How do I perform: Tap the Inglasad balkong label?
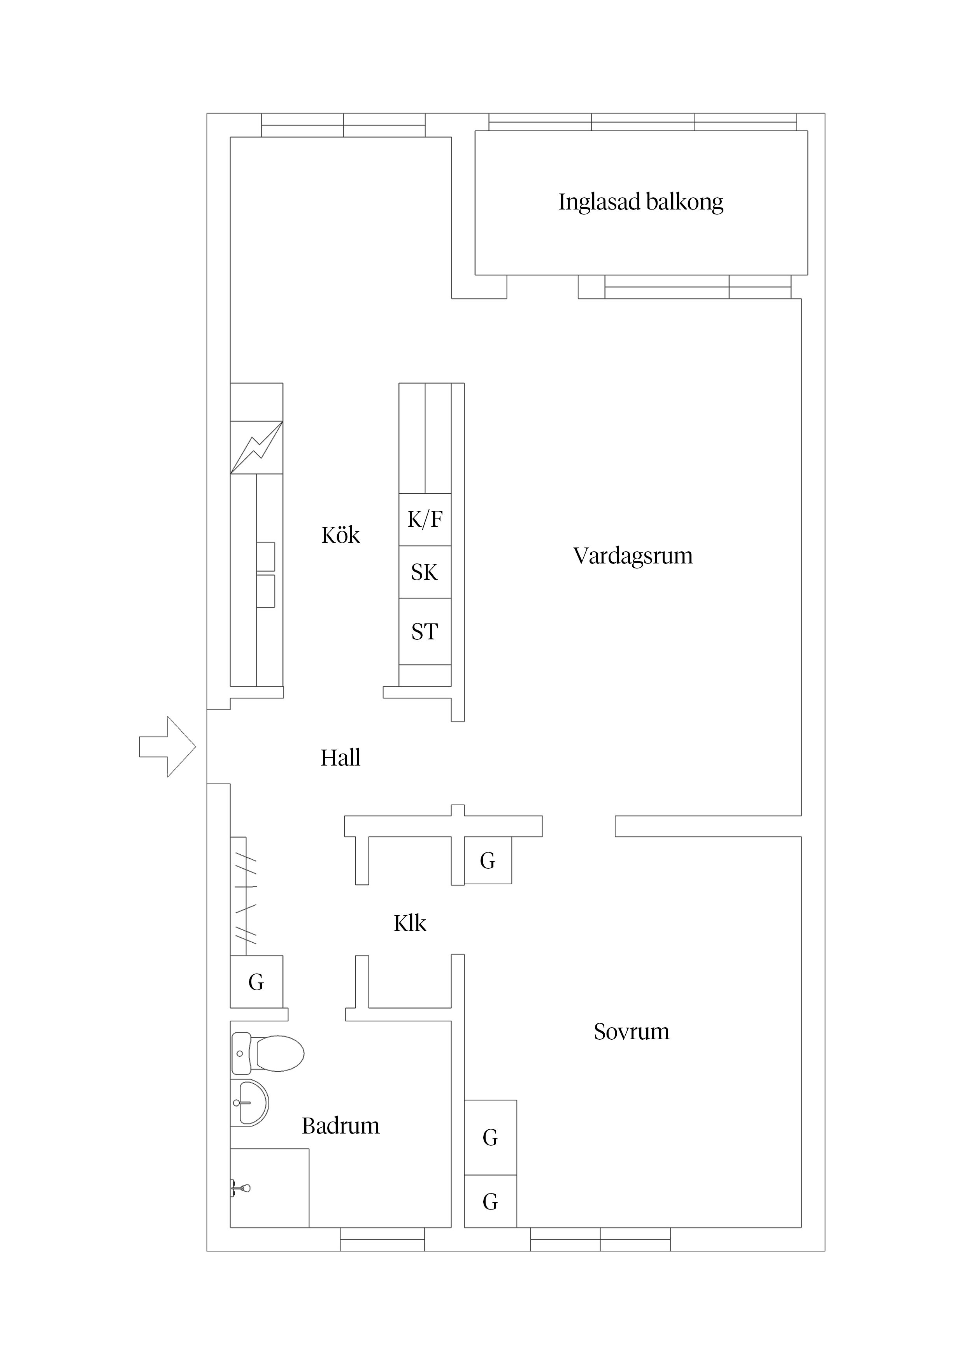tap(640, 202)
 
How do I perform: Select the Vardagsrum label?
tap(633, 556)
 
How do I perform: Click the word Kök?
tap(340, 535)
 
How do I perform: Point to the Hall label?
tap(340, 758)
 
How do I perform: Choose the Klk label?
tap(410, 923)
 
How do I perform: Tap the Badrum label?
tap(340, 1126)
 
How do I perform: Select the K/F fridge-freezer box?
tap(425, 519)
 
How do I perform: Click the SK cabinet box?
tap(425, 572)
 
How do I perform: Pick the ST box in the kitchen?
tap(425, 631)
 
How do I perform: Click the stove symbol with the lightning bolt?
tap(256, 447)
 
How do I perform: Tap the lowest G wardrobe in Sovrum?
tap(490, 1202)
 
